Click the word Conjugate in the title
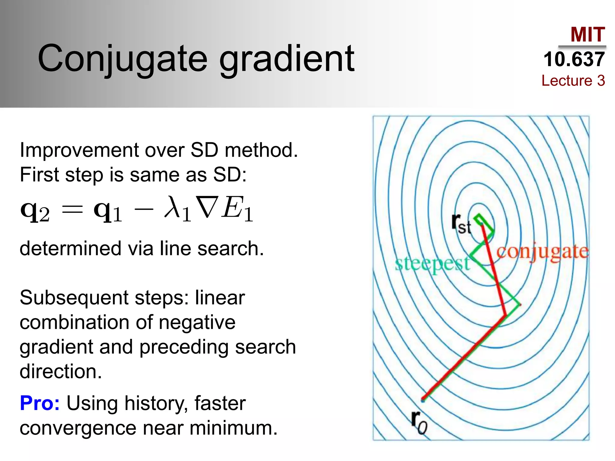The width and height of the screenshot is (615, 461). pos(123,59)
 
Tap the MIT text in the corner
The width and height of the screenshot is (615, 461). pos(588,35)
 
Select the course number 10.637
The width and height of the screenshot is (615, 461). pos(574,59)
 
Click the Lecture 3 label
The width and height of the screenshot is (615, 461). pos(573,80)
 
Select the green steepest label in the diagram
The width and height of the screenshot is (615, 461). pos(432,264)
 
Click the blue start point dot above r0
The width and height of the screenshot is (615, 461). pos(423,400)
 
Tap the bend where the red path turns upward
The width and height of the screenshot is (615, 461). pos(506,315)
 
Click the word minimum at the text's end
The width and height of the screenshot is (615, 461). pos(233,428)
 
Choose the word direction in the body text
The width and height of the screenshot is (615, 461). pos(60,372)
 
